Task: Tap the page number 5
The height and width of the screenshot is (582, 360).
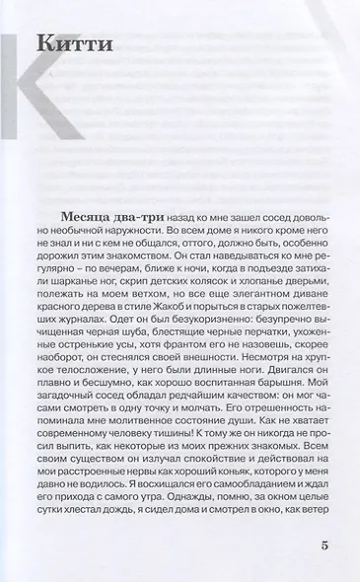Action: pyautogui.click(x=324, y=546)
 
